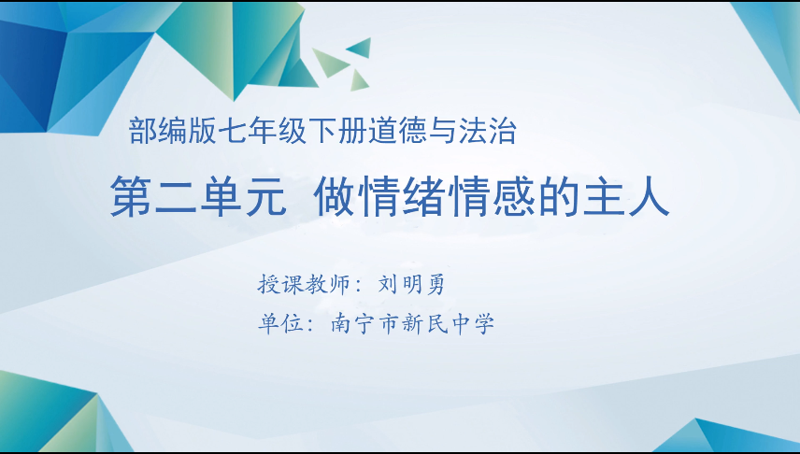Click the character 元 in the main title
coord(264,199)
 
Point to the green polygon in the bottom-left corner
coord(47,416)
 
